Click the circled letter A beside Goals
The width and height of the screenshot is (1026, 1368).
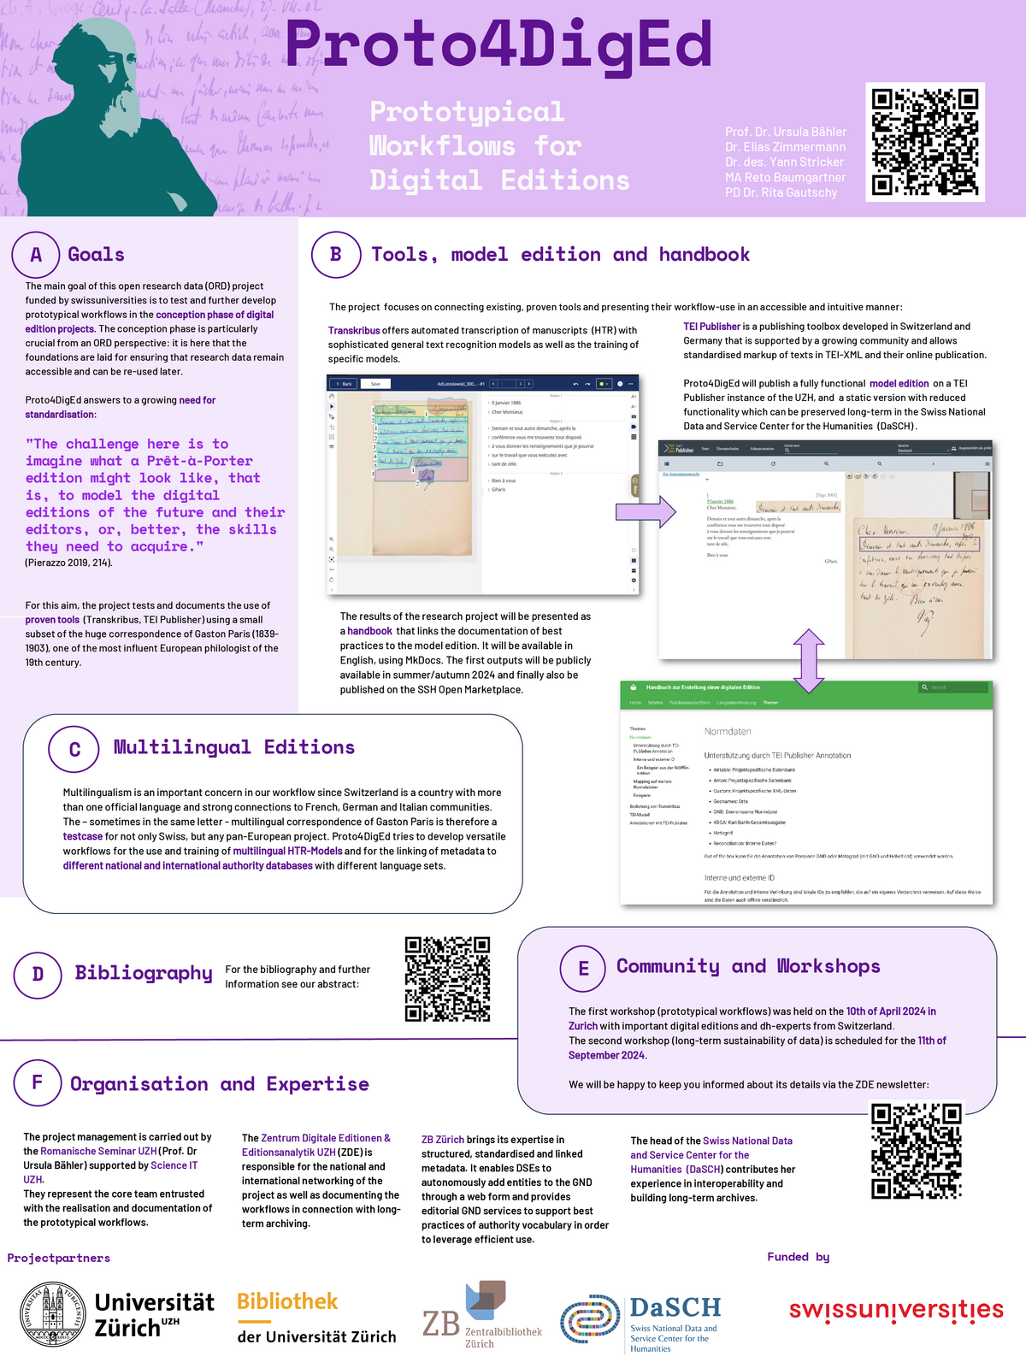(36, 255)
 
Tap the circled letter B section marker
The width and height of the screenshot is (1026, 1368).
(335, 254)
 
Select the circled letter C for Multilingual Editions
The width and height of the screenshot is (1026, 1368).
(74, 749)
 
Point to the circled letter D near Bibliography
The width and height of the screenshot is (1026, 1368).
(38, 974)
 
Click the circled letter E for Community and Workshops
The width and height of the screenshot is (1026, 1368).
(583, 968)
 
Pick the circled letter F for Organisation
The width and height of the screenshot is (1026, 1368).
(37, 1082)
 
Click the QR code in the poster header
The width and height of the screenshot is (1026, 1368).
(924, 142)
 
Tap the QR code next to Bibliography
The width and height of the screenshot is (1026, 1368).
(447, 979)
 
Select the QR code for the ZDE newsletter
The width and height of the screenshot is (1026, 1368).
(916, 1151)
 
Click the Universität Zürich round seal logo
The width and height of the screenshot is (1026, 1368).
(53, 1315)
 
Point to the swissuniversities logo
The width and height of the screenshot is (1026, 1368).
(896, 1310)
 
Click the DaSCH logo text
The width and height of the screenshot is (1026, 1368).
(675, 1308)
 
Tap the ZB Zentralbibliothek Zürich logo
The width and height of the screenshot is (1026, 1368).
(482, 1315)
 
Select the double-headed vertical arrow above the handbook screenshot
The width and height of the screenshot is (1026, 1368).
(809, 660)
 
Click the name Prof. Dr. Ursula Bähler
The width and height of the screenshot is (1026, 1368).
(785, 132)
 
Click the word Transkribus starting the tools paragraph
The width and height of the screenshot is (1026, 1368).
(354, 330)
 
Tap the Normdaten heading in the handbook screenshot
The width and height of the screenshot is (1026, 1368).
(728, 732)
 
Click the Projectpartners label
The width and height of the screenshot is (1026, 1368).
(58, 1258)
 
